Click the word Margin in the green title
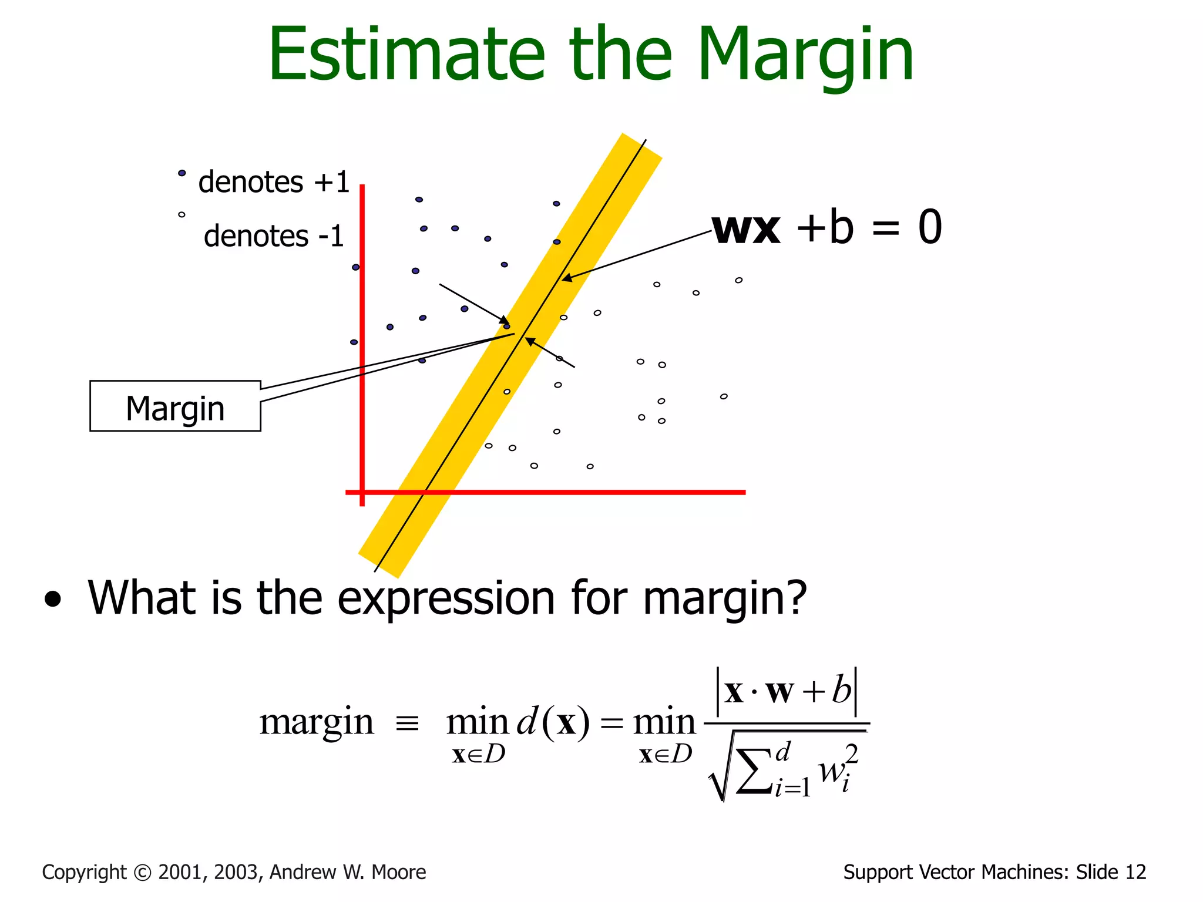[805, 56]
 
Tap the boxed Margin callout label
[175, 407]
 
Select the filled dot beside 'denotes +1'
[182, 173]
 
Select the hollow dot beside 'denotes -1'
[182, 215]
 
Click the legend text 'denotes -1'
[273, 236]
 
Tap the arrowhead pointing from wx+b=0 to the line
[566, 278]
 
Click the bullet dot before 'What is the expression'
[53, 600]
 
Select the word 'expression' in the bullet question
[446, 599]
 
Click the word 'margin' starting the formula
[317, 722]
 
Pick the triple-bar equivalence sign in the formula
[407, 723]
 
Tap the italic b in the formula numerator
[841, 691]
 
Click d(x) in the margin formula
[552, 722]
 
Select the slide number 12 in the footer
[1135, 872]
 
